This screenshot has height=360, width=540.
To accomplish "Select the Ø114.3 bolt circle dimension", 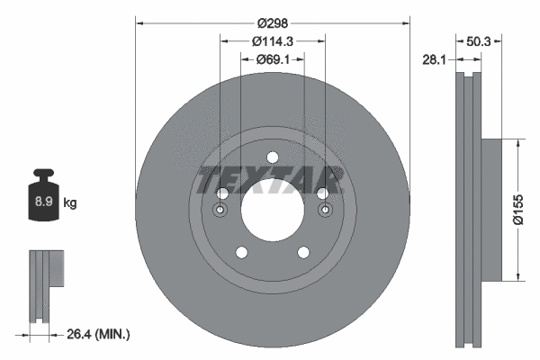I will click(x=272, y=40).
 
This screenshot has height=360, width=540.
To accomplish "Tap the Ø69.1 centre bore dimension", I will click(x=272, y=59).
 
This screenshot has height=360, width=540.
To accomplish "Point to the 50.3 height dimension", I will click(x=480, y=40).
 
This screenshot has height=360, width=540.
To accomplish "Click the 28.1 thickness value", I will click(x=436, y=59).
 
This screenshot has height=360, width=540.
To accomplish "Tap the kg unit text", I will click(x=70, y=203).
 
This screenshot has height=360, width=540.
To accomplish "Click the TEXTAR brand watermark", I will click(x=271, y=178).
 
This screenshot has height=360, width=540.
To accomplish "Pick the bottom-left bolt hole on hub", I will click(x=240, y=253).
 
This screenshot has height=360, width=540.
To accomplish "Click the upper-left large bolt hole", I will click(x=221, y=193).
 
